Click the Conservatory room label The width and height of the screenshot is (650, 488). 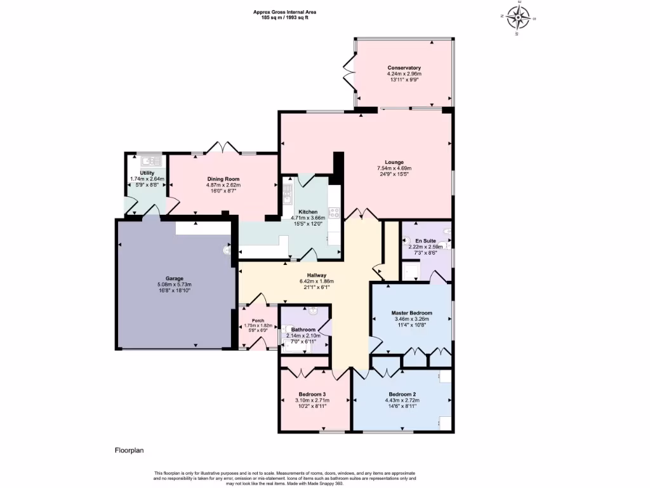pyautogui.click(x=404, y=68)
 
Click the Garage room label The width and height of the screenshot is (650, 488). pyautogui.click(x=175, y=278)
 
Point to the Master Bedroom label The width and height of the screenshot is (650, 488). pyautogui.click(x=411, y=313)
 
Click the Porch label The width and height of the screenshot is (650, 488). pyautogui.click(x=258, y=320)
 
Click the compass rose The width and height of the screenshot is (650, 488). pyautogui.click(x=520, y=18)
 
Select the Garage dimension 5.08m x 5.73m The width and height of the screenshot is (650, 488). pyautogui.click(x=175, y=285)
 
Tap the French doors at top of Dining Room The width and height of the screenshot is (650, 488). pyautogui.click(x=223, y=149)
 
